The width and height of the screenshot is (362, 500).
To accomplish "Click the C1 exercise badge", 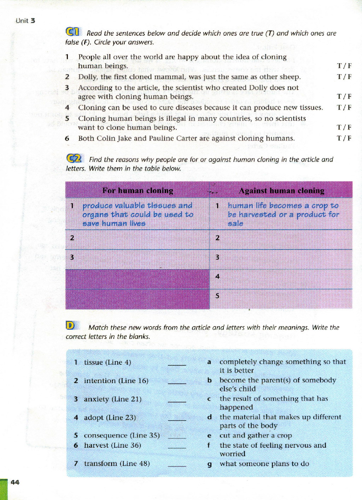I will click(x=73, y=32).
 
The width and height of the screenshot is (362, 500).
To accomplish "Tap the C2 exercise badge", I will click(x=74, y=159).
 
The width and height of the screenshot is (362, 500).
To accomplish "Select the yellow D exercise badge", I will click(x=70, y=325).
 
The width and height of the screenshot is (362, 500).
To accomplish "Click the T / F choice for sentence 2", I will click(x=344, y=77).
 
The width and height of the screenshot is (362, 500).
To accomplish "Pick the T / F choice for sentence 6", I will click(x=344, y=138).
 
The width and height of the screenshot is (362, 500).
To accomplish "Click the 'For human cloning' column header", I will click(x=138, y=190).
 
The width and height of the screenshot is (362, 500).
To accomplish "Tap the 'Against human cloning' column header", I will click(x=281, y=190).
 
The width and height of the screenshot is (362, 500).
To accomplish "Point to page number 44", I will click(x=15, y=482).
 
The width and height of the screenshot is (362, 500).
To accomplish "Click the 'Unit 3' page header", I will click(x=25, y=20).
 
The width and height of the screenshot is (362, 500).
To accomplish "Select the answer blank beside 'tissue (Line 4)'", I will click(x=177, y=363).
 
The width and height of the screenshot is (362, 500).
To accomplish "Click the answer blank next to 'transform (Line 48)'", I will click(x=177, y=464).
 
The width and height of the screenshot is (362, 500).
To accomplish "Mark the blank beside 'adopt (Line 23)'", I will click(x=177, y=418).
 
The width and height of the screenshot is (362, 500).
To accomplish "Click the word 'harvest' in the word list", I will click(x=96, y=445).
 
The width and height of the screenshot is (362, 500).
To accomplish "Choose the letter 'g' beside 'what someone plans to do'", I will click(x=210, y=464).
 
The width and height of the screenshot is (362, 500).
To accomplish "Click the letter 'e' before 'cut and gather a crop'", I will click(x=209, y=436).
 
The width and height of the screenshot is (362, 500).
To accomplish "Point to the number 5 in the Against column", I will click(x=217, y=295).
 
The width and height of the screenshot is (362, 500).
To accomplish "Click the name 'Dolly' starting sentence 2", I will click(x=88, y=77).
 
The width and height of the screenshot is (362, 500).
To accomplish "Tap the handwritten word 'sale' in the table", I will click(x=235, y=223).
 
